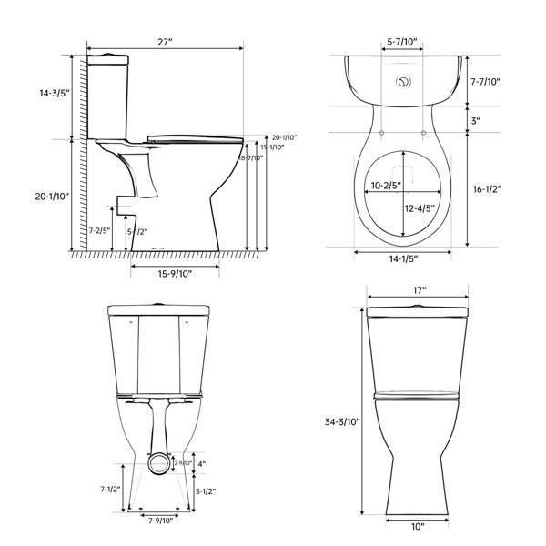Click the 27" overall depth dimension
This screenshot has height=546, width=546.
point(165,41)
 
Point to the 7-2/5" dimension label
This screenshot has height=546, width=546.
point(99,230)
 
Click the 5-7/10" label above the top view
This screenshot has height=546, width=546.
point(401,42)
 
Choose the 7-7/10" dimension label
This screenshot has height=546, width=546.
point(485,81)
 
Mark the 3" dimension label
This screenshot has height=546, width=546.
point(475,119)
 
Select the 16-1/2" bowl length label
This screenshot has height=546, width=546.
point(488,189)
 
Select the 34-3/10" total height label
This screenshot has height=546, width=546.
point(340,421)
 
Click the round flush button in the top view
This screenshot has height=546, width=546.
point(401,82)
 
